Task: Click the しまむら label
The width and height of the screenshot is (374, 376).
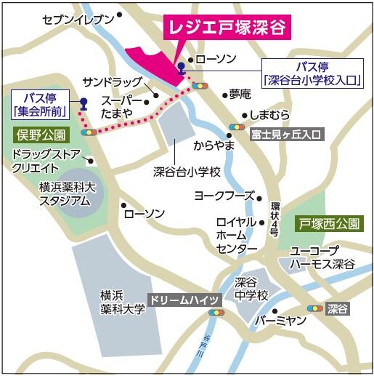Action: point(269,115)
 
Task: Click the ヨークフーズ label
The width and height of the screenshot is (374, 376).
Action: point(224,196)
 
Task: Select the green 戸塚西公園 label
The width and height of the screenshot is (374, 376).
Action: point(328,223)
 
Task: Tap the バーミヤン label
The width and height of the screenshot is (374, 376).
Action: point(277,320)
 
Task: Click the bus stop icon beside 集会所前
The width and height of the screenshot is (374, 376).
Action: point(84,103)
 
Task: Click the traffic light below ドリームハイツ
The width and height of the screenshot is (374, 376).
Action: point(215,313)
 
